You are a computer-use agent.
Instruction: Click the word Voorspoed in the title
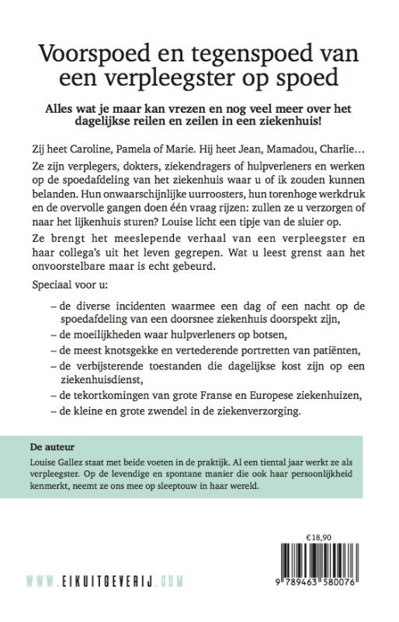click(x=93, y=54)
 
